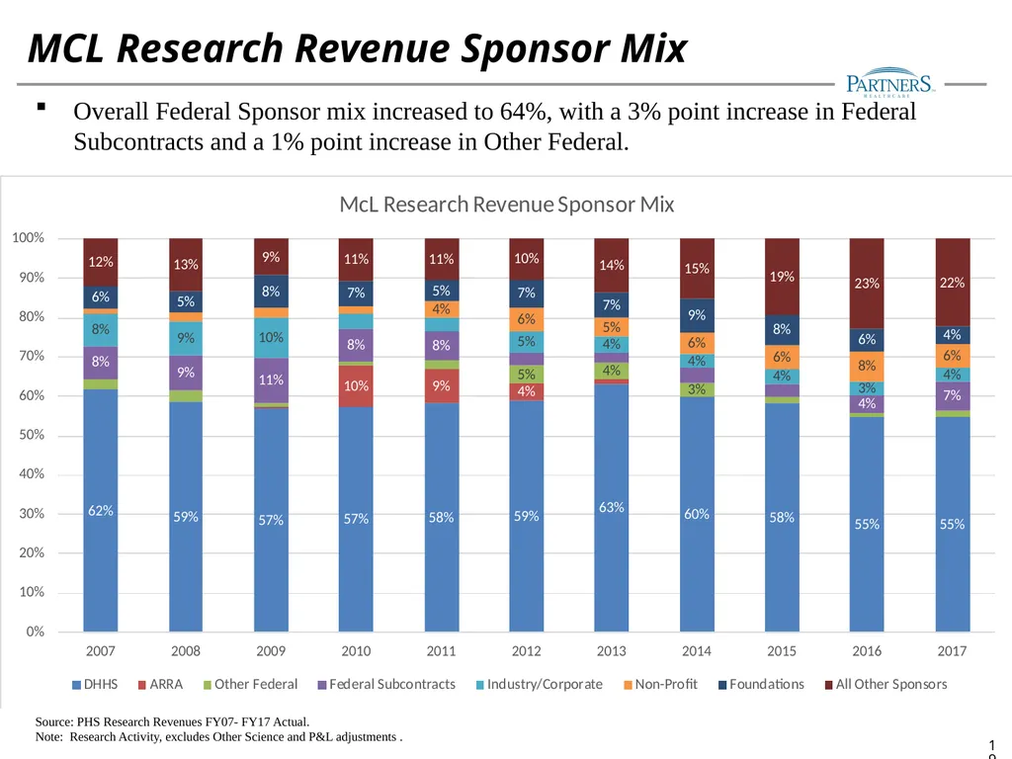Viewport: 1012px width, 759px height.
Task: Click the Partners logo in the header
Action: pos(888,82)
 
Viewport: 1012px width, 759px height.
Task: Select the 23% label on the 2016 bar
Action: pos(867,284)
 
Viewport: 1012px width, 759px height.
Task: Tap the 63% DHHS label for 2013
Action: pos(611,507)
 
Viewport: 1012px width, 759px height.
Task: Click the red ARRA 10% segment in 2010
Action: pos(356,386)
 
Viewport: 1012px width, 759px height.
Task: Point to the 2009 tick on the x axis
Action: pos(271,650)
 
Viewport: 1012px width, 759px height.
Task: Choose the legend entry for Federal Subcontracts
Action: pos(386,684)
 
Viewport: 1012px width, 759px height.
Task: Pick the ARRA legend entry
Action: pos(161,684)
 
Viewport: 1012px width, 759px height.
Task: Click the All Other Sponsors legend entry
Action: pos(886,684)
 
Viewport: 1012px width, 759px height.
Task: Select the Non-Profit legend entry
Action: pos(660,684)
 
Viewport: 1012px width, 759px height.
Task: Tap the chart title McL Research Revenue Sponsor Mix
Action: pos(507,205)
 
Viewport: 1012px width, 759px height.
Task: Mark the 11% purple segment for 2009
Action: pos(271,380)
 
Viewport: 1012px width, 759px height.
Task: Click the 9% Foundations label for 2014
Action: pos(697,315)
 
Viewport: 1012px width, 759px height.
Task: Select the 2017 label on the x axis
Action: pos(952,650)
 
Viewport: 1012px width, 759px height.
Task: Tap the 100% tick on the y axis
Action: pos(29,237)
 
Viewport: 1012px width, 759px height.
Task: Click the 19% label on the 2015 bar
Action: pos(782,277)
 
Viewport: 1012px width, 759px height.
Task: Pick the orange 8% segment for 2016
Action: pos(867,367)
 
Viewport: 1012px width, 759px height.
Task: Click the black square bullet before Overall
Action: pos(42,107)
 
